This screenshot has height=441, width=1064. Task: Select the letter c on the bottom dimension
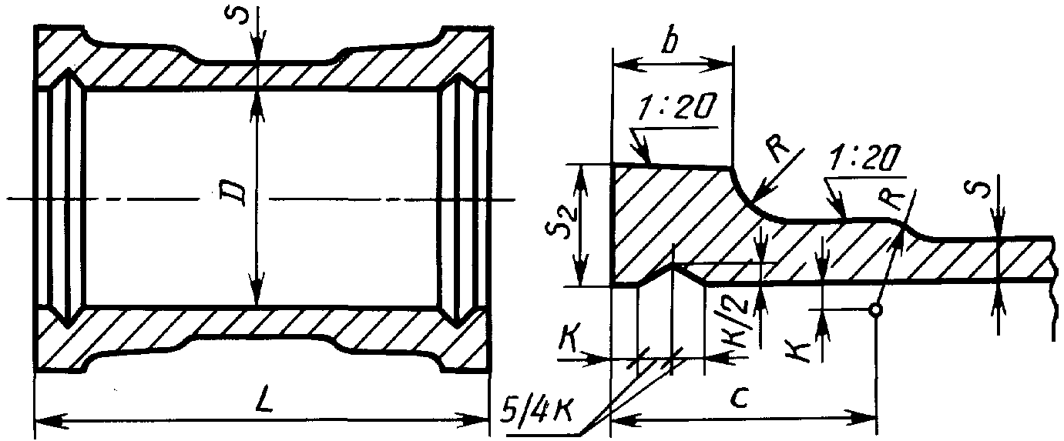(x=740, y=399)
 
